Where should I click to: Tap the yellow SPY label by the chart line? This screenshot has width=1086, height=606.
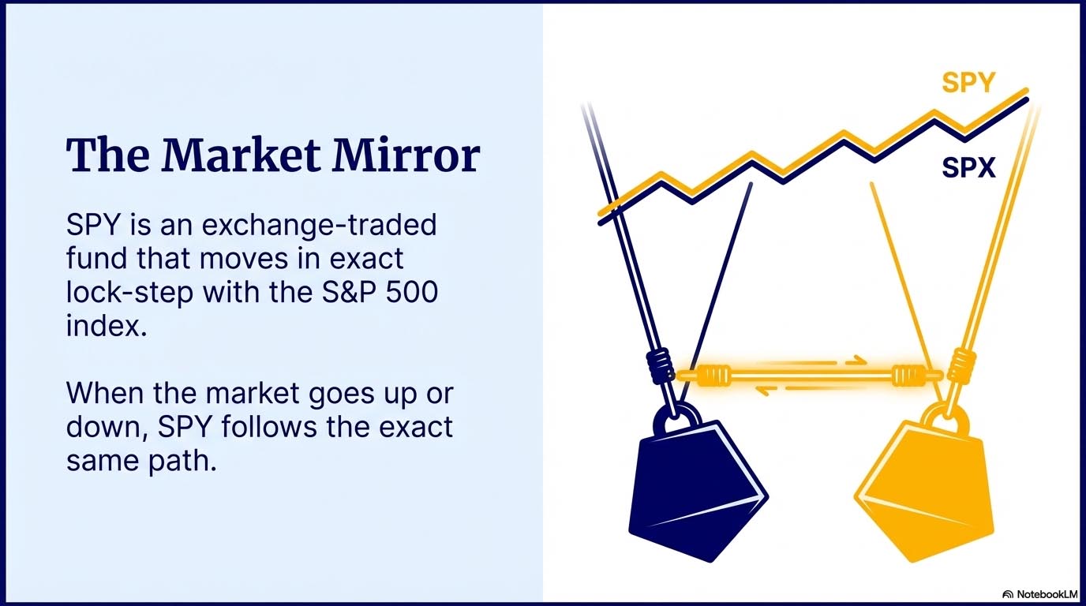(968, 83)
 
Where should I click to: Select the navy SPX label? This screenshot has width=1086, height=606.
(968, 166)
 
